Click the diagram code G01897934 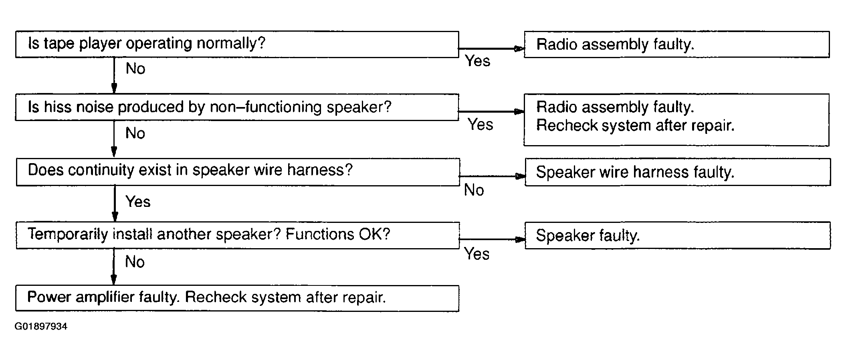(x=41, y=326)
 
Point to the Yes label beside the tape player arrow (x=477, y=61)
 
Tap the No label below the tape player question (x=135, y=69)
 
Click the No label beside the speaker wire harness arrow (x=474, y=190)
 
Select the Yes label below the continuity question (x=138, y=201)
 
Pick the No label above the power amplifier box (x=135, y=262)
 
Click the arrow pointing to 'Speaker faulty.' (x=492, y=239)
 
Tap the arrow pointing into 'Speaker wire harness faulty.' (x=492, y=176)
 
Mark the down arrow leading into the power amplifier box (x=114, y=267)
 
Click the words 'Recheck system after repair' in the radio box (x=635, y=125)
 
